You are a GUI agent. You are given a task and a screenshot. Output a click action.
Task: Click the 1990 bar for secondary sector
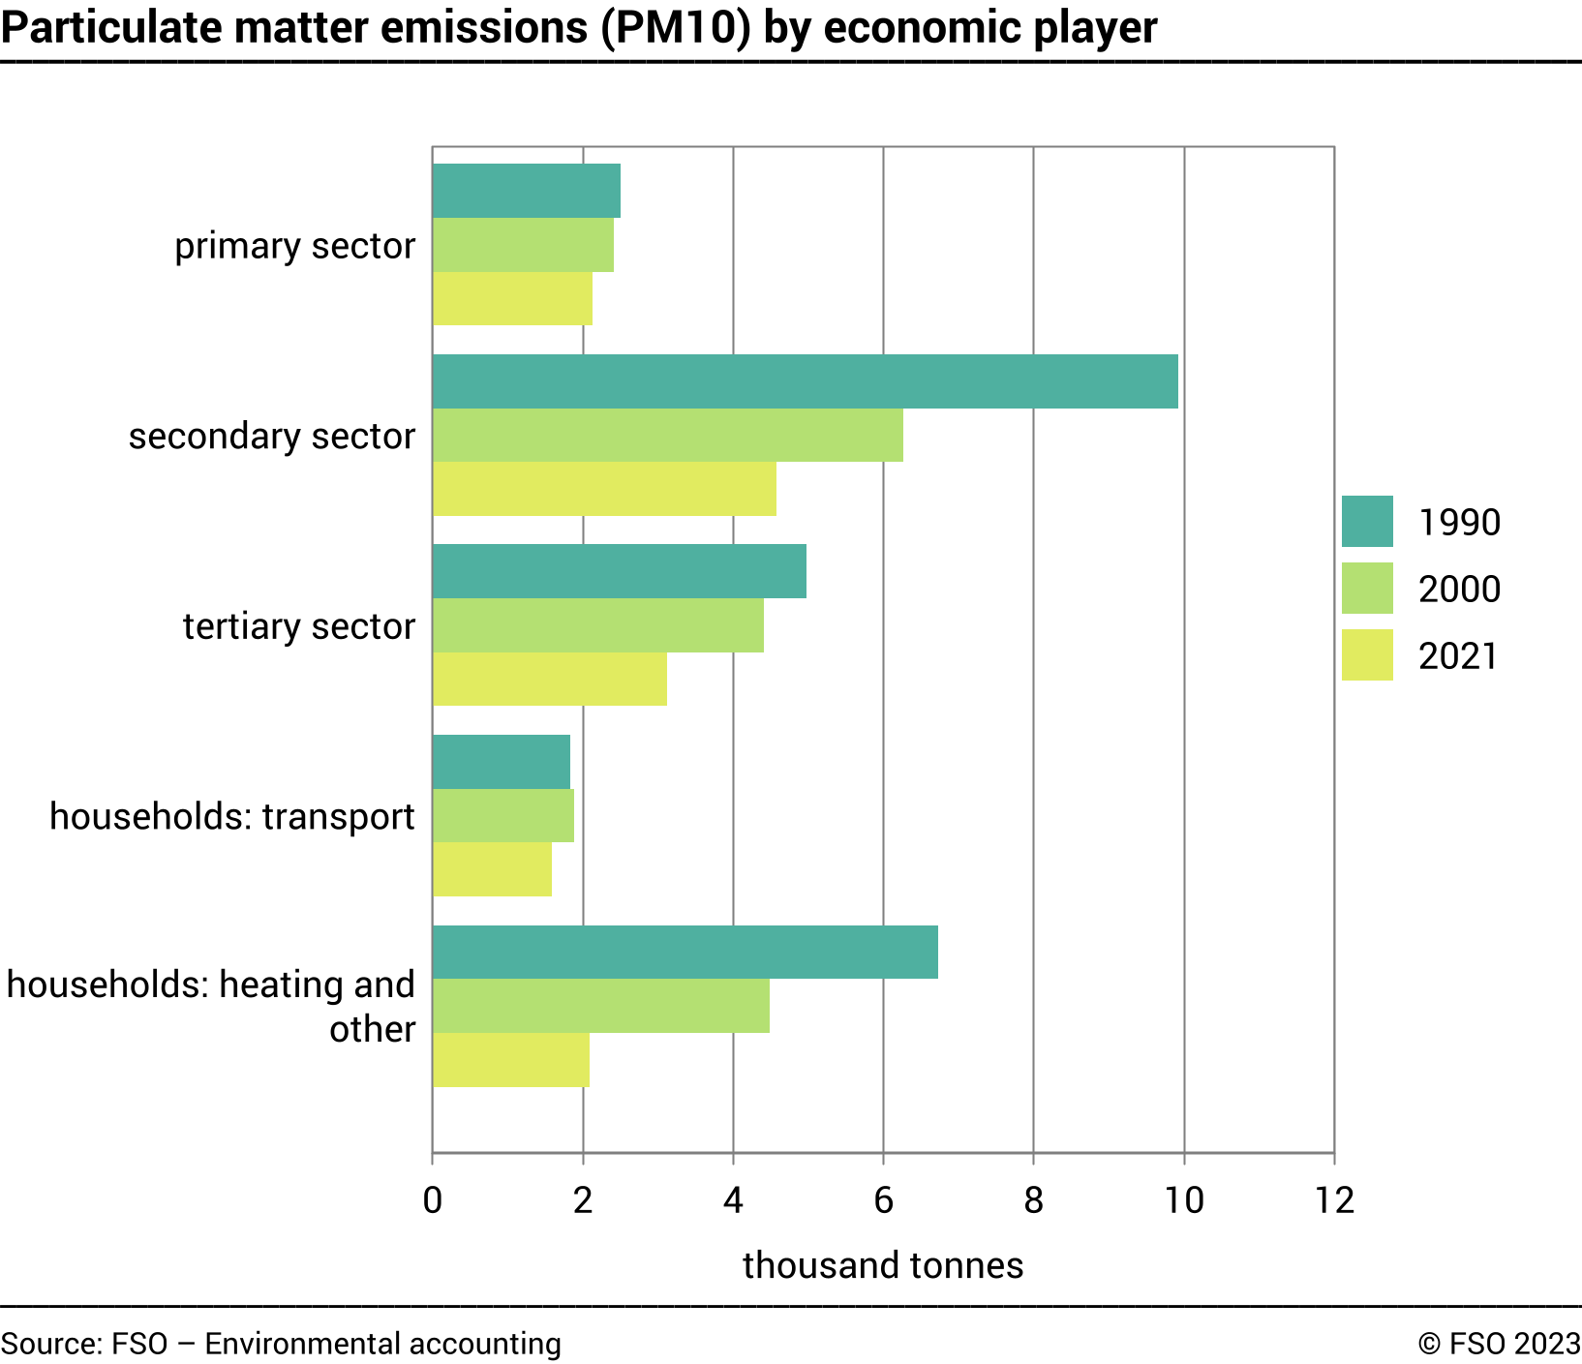(x=805, y=381)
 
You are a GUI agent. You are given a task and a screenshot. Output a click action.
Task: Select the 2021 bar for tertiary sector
(x=549, y=679)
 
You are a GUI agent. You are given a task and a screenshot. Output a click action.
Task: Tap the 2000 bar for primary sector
(x=523, y=245)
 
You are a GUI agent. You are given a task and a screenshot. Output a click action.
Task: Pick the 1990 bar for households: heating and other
(x=685, y=952)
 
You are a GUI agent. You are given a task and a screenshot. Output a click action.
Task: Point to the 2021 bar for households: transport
(x=492, y=869)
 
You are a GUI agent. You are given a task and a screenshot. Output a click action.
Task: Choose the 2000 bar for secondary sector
(x=667, y=435)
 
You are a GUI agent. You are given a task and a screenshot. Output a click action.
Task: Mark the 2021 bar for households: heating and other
(x=510, y=1060)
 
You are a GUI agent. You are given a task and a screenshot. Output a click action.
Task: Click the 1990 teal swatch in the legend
(x=1367, y=522)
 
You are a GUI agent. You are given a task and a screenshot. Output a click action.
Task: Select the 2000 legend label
(x=1459, y=589)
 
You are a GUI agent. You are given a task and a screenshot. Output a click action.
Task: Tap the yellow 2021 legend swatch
(x=1367, y=655)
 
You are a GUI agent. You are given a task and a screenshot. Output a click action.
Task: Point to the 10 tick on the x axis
(x=1183, y=1200)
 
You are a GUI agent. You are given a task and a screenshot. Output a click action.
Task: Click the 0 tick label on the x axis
(x=433, y=1200)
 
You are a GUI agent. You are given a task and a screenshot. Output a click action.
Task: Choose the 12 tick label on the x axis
(x=1334, y=1200)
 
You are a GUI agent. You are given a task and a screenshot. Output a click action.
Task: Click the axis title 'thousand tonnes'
(x=883, y=1265)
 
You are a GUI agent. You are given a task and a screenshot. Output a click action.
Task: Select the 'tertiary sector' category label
(x=298, y=626)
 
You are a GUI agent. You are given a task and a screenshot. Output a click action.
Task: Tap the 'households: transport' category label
(x=231, y=816)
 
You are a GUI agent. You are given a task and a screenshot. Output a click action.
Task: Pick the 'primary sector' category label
(x=294, y=246)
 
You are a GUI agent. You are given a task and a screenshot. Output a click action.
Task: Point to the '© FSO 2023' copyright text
(x=1499, y=1344)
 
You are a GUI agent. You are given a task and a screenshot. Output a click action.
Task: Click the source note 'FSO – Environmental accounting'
(x=336, y=1344)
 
